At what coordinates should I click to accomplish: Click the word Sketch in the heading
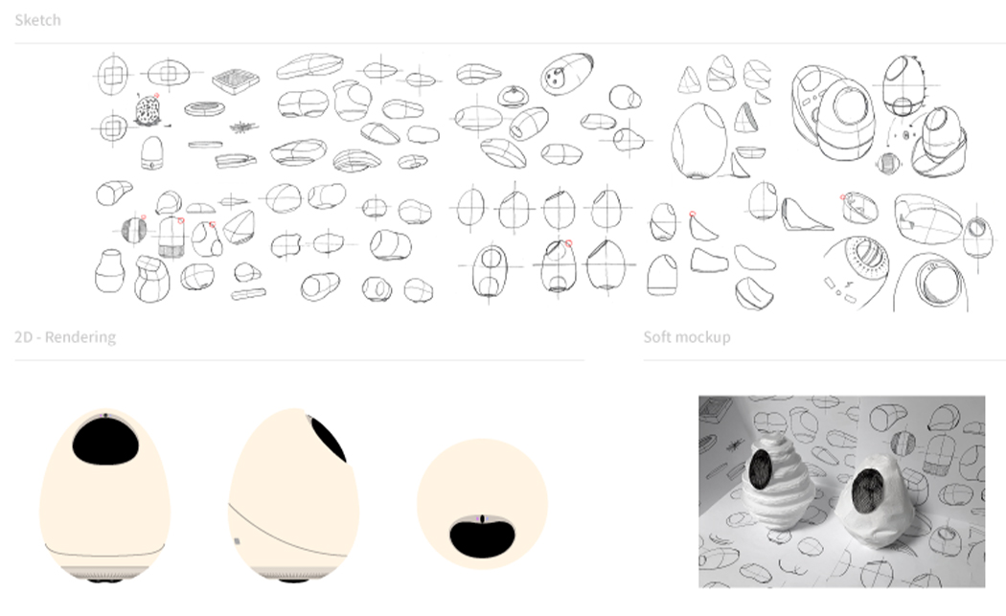[x=37, y=20]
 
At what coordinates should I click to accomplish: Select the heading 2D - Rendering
[x=65, y=337]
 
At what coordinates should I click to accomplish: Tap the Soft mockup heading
[x=686, y=337]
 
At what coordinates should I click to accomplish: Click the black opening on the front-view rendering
[x=104, y=442]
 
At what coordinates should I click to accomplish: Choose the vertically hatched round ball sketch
[x=133, y=230]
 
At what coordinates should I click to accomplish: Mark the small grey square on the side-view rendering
[x=237, y=541]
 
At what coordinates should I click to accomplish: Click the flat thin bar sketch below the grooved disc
[x=205, y=145]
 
